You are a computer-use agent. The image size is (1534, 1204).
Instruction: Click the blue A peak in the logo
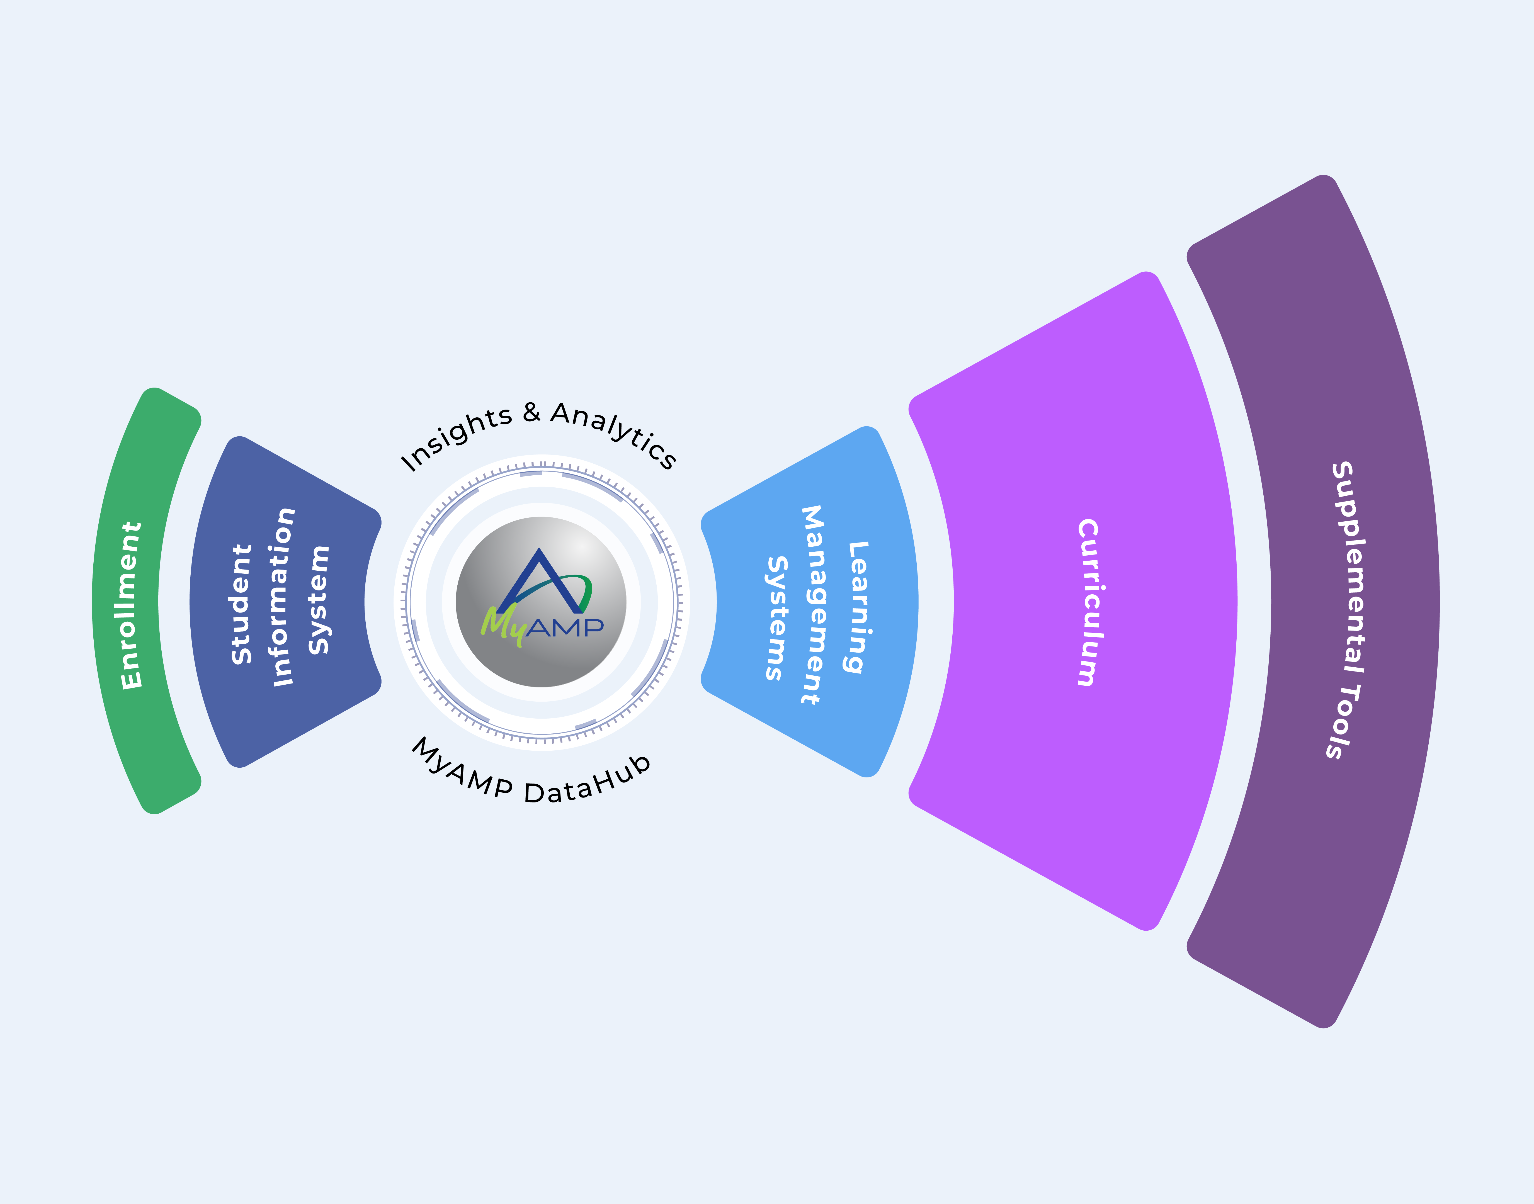(x=539, y=564)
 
